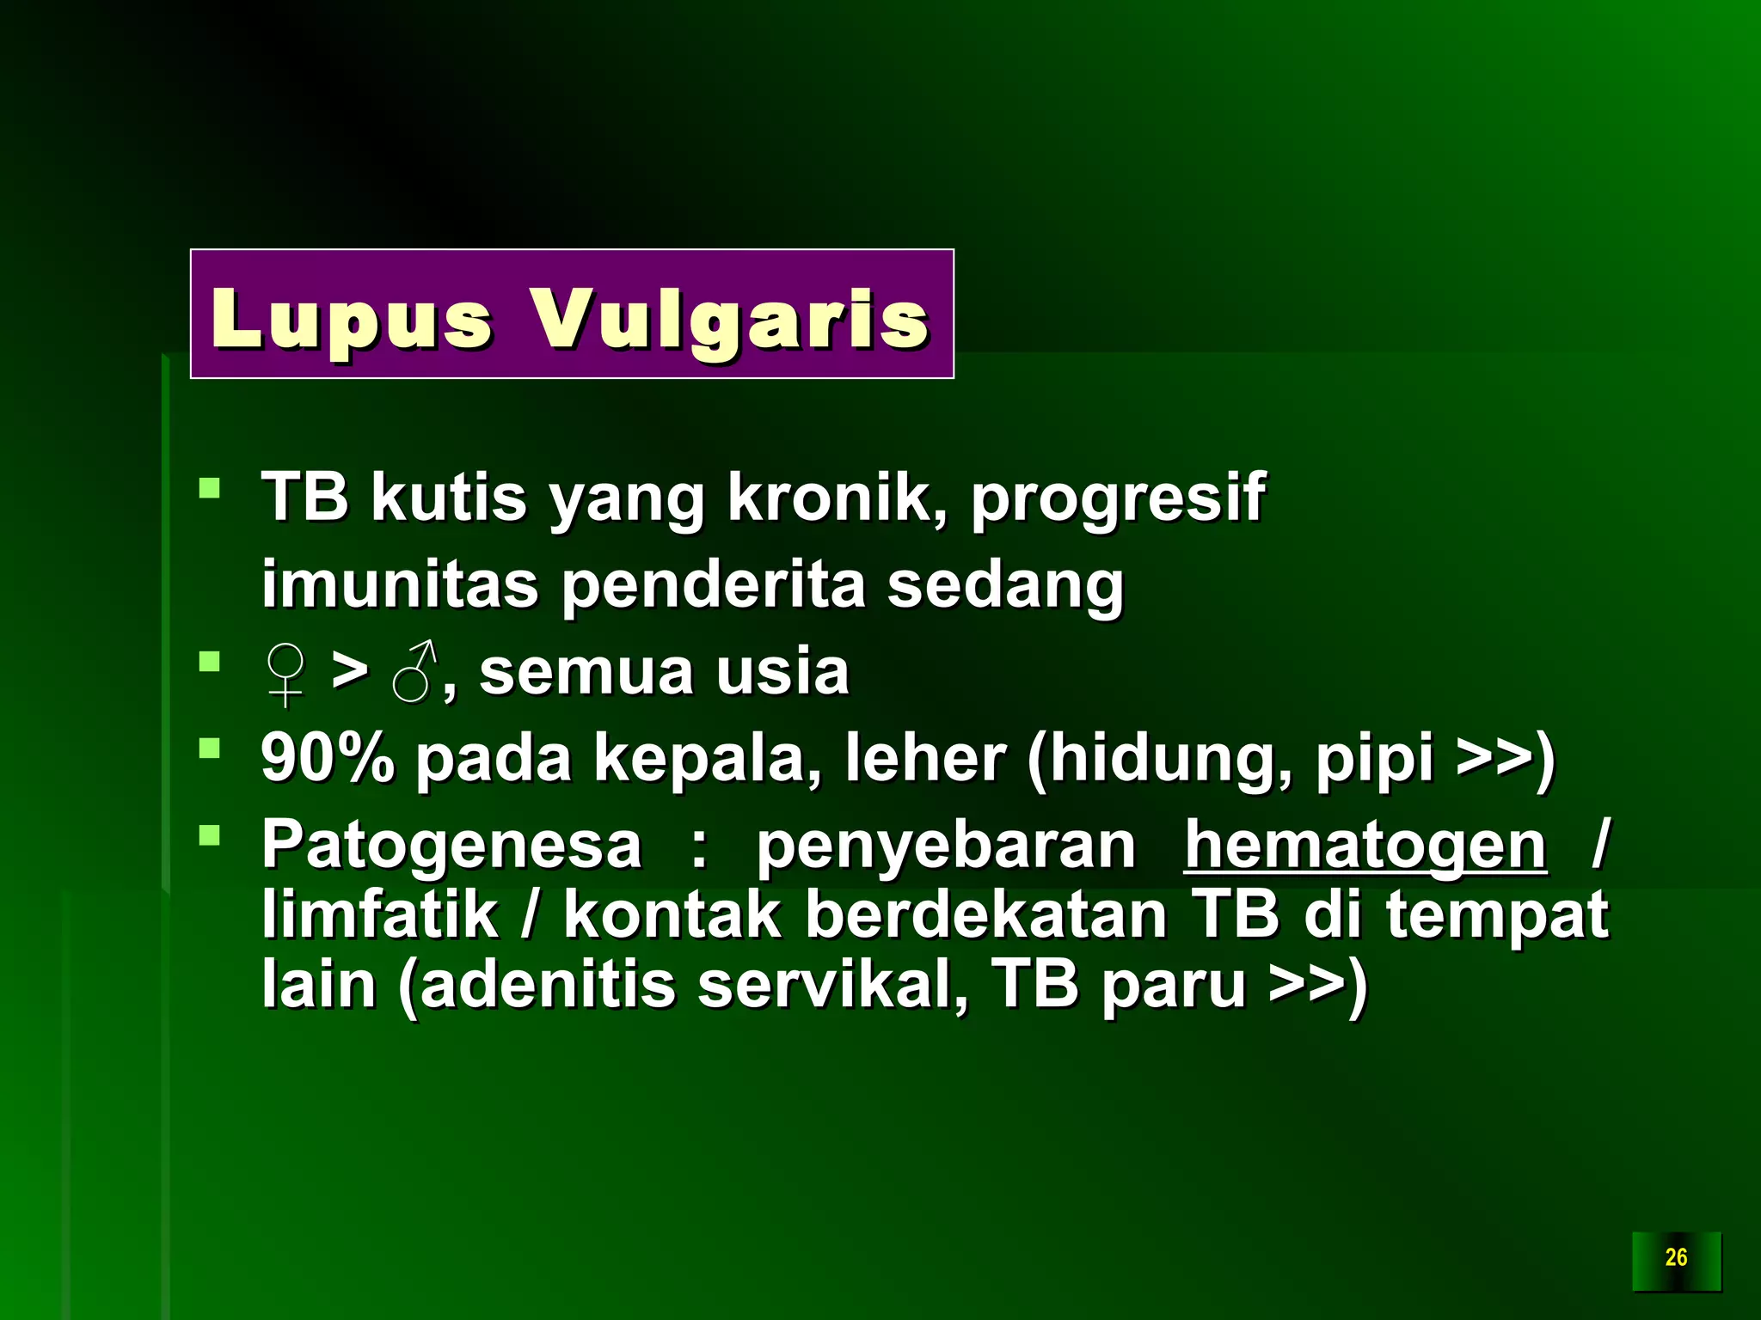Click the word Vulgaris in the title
coord(729,320)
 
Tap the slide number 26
coord(1676,1257)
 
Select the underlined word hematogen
coord(1365,846)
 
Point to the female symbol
coord(285,674)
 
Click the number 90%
coord(327,758)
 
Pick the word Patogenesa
coord(451,846)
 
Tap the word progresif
coord(1117,498)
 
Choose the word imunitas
coord(399,584)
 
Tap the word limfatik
coord(380,914)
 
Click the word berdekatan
coord(985,914)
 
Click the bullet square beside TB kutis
coord(209,489)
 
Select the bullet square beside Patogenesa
coord(209,835)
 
